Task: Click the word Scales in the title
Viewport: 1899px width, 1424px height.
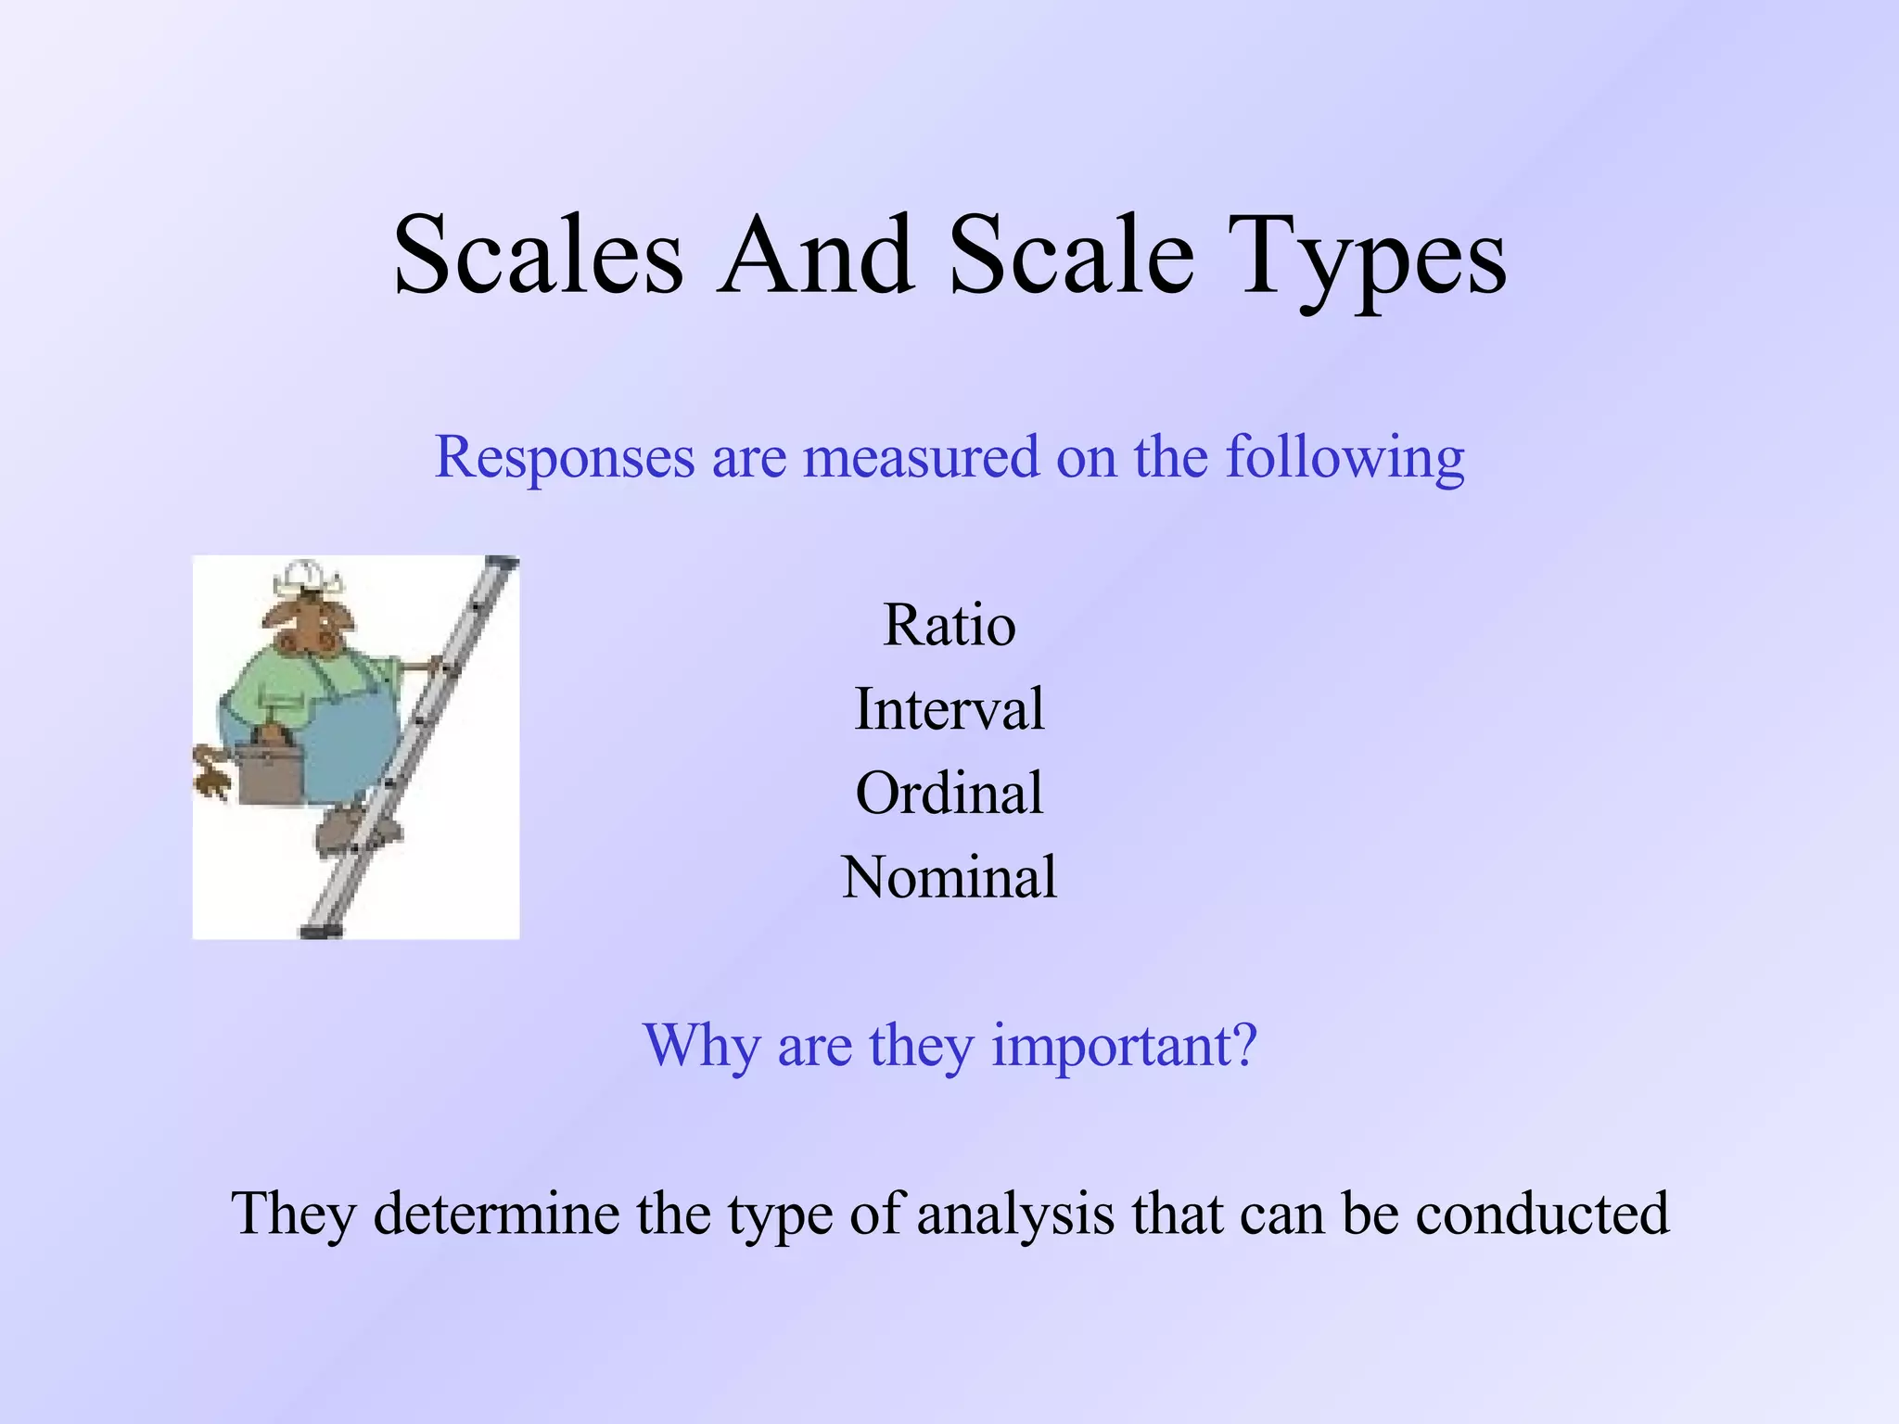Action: tap(539, 255)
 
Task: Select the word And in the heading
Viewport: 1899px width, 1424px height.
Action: tap(816, 255)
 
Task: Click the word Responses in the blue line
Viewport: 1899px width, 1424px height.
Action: tap(565, 458)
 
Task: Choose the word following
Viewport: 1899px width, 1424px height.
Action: tap(1345, 458)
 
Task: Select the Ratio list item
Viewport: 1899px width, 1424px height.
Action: tap(949, 625)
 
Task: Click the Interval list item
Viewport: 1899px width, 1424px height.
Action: tap(949, 709)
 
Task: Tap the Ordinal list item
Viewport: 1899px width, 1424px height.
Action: tap(949, 794)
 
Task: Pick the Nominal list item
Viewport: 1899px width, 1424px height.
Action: tap(949, 877)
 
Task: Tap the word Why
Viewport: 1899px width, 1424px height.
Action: tap(702, 1046)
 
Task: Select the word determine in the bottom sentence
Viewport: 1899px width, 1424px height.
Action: tap(496, 1214)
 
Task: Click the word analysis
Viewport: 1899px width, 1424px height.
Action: tap(1015, 1215)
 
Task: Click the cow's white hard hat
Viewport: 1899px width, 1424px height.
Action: tap(305, 577)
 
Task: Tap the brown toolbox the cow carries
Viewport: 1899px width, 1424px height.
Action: tap(268, 770)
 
